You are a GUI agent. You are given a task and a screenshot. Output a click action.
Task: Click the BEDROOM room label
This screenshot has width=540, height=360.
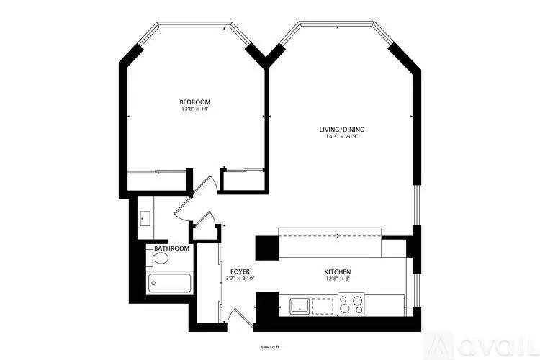point(194,102)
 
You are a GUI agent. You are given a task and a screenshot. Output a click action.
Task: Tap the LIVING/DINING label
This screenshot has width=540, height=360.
point(341,130)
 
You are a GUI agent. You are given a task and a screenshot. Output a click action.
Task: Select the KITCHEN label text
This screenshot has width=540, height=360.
point(338,272)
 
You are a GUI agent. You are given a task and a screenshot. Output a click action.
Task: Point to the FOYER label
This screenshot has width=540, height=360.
point(240,272)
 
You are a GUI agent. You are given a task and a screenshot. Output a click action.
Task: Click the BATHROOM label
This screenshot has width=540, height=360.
point(171,248)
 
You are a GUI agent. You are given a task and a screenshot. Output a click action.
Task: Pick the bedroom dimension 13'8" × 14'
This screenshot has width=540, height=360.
point(194,109)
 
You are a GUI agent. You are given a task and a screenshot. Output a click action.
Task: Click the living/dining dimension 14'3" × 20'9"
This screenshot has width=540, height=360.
point(341,136)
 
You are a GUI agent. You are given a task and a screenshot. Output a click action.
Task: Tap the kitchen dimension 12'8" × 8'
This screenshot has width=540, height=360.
point(338,279)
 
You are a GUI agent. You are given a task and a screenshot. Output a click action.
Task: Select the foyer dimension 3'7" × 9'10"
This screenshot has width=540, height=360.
point(240,279)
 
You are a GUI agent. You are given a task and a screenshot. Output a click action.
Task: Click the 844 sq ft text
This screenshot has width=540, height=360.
point(270,347)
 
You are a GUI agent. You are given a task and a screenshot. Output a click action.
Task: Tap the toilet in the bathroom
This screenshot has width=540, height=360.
point(157,258)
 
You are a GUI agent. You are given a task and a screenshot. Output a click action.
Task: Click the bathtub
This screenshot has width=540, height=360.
point(168,283)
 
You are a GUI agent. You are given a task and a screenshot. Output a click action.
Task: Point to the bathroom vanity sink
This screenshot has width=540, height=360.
point(145,219)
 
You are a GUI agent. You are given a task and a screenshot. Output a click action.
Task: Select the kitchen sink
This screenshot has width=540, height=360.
point(299,306)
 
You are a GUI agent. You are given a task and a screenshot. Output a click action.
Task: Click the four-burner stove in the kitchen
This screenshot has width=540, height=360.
point(351,304)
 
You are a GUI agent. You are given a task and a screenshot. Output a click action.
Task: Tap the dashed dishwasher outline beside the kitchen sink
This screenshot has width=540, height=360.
point(323,307)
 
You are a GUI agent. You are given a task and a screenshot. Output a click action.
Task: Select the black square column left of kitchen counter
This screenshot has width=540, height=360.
point(267,248)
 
